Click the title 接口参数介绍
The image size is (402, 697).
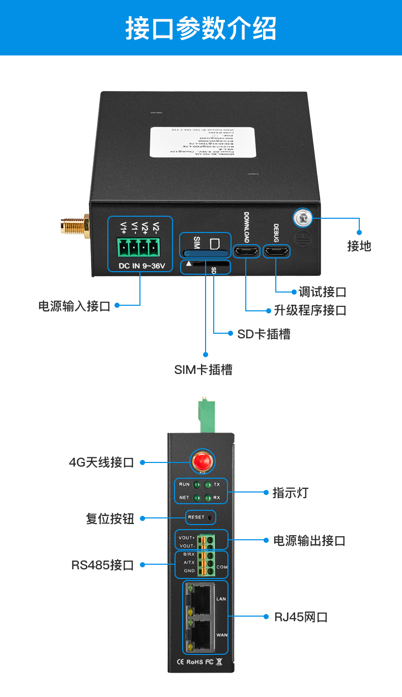pyautogui.click(x=201, y=28)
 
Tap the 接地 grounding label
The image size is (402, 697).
pyautogui.click(x=359, y=246)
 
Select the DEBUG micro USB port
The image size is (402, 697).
pyautogui.click(x=276, y=251)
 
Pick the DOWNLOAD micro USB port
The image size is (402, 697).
pyautogui.click(x=246, y=251)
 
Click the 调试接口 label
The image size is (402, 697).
pyautogui.click(x=323, y=292)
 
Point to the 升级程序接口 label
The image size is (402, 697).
pyautogui.click(x=310, y=310)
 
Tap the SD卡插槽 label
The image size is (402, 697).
pyautogui.click(x=264, y=334)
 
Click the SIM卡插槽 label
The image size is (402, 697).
pyautogui.click(x=203, y=370)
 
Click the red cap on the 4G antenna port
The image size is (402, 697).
pyautogui.click(x=202, y=462)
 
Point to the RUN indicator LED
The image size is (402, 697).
pyautogui.click(x=196, y=485)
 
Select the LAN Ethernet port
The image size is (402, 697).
pyautogui.click(x=202, y=599)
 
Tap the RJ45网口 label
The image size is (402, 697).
pyautogui.click(x=301, y=617)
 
